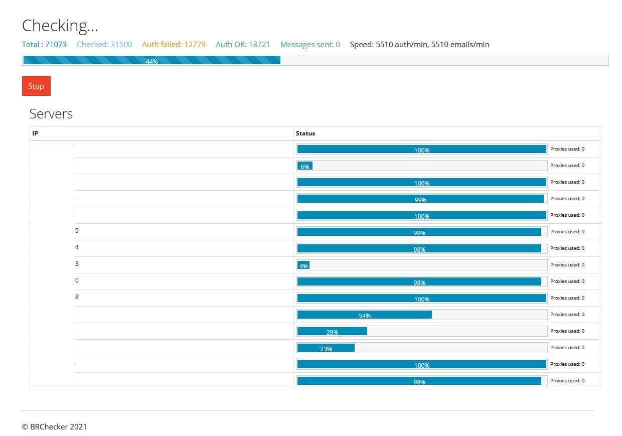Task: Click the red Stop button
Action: click(x=36, y=86)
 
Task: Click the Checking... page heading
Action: click(x=60, y=26)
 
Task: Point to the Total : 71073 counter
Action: click(x=44, y=45)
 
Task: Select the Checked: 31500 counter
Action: click(x=104, y=45)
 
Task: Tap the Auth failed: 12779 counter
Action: click(x=174, y=45)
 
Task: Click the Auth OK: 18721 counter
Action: click(x=243, y=45)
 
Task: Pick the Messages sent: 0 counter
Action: click(x=310, y=45)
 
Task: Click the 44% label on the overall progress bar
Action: click(x=151, y=61)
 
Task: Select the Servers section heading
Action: click(x=51, y=114)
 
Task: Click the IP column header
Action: click(x=35, y=133)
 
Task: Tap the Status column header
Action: click(x=305, y=133)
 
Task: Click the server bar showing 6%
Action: click(x=305, y=166)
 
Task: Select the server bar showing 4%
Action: click(x=303, y=265)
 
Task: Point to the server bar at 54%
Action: click(x=364, y=315)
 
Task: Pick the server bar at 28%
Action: click(x=332, y=331)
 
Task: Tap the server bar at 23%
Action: click(x=326, y=348)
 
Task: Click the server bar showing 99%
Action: click(x=420, y=199)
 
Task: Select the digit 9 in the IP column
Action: click(x=77, y=231)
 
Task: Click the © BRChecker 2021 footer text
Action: click(x=54, y=427)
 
